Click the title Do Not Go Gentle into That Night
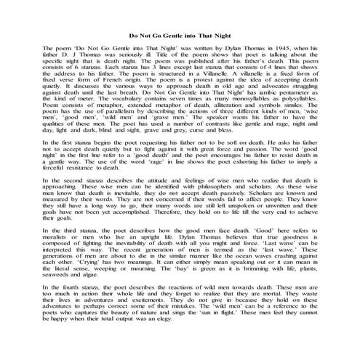[x=180, y=34]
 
